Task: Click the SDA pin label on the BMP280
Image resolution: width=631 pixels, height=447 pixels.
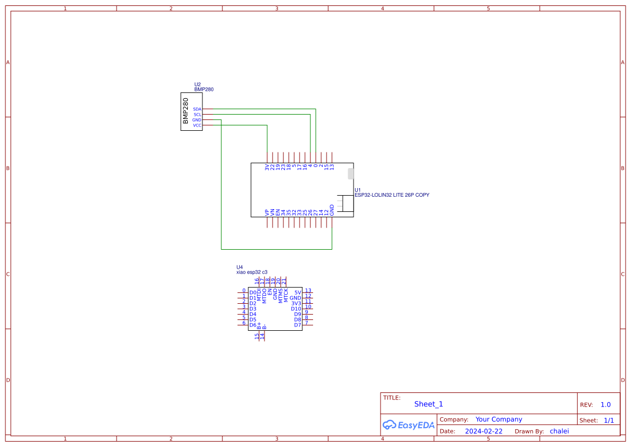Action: (x=197, y=109)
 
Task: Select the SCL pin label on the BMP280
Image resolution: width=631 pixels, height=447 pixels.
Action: (x=197, y=115)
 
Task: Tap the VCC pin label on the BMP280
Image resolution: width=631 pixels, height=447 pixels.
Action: (x=197, y=125)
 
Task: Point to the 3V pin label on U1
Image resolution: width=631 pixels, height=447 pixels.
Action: (x=267, y=167)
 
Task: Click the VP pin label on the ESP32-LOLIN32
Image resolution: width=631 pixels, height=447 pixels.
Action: (x=267, y=212)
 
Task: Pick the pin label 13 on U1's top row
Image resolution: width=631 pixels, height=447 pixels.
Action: (x=332, y=167)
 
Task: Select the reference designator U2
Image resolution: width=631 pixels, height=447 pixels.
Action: (x=198, y=84)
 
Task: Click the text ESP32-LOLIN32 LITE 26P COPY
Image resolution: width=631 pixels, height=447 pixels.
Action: (x=392, y=195)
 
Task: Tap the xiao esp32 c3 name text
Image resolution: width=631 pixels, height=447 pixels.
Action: (x=252, y=272)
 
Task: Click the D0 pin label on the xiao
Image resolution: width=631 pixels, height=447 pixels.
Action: (x=253, y=292)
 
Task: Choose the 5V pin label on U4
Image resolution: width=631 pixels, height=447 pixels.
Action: (x=297, y=292)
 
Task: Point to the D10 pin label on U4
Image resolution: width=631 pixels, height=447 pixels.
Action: (x=296, y=309)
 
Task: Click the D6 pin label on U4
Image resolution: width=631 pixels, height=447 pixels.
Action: (x=253, y=325)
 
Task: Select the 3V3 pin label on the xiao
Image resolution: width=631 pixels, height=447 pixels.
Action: (x=296, y=303)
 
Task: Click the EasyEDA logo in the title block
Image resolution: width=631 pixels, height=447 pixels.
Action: (x=409, y=425)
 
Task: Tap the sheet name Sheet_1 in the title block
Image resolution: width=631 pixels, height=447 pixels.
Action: (x=429, y=404)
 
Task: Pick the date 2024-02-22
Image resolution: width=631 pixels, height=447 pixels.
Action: (x=484, y=431)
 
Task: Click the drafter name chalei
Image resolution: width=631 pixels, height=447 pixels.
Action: (x=559, y=431)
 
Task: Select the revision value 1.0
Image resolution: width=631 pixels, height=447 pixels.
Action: (x=606, y=404)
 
